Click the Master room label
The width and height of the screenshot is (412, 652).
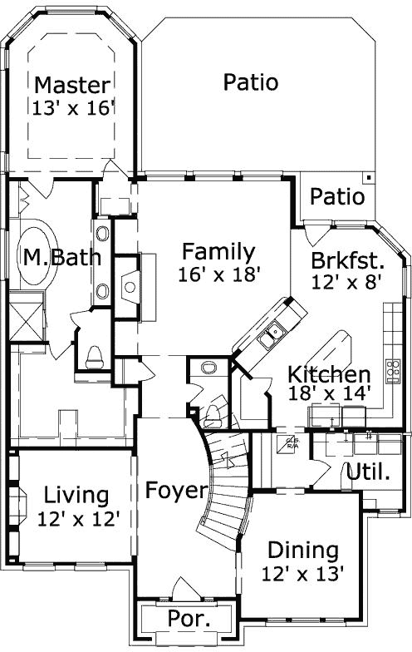click(x=71, y=85)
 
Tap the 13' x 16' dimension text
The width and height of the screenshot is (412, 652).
click(x=71, y=107)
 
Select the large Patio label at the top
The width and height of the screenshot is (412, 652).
click(x=250, y=82)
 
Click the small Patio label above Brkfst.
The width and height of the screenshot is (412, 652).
click(x=337, y=197)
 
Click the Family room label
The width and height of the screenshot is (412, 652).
click(x=218, y=250)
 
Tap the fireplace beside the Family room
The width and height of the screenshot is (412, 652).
click(x=129, y=286)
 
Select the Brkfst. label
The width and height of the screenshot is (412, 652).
click(x=346, y=259)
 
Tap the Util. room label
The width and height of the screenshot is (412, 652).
click(x=368, y=473)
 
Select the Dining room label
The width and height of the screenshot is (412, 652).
click(x=302, y=550)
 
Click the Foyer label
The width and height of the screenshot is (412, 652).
click(x=175, y=490)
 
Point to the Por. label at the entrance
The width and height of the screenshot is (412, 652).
click(x=189, y=618)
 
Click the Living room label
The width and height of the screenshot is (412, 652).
click(x=76, y=496)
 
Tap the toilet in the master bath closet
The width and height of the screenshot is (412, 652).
click(x=93, y=356)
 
